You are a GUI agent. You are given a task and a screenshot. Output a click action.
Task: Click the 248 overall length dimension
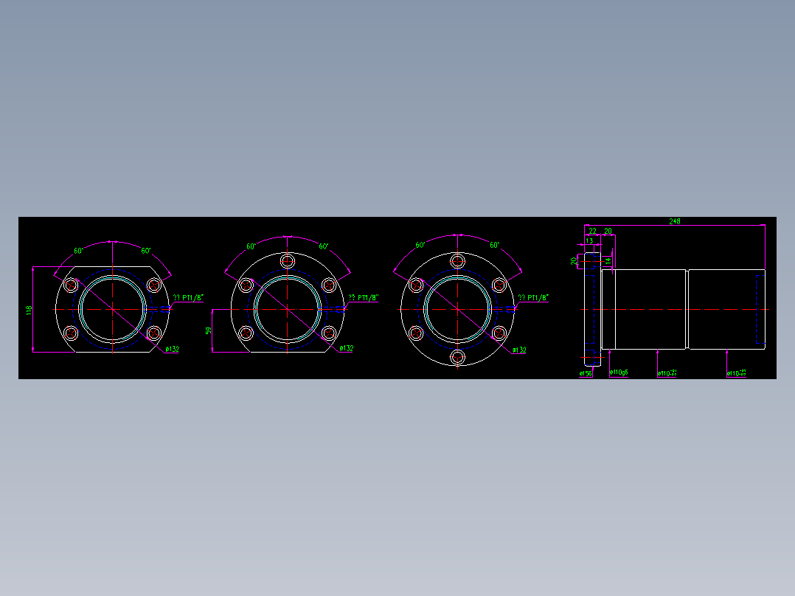click(x=674, y=221)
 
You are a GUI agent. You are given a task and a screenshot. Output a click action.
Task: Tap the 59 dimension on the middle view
click(x=209, y=330)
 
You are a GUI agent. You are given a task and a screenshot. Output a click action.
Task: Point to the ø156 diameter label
click(x=586, y=374)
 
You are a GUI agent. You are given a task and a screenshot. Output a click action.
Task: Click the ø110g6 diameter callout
click(x=619, y=373)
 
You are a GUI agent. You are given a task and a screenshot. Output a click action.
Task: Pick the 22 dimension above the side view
click(x=592, y=232)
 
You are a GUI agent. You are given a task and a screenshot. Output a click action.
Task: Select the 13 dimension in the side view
click(x=589, y=241)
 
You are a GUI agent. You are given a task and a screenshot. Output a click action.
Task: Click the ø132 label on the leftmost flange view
click(x=171, y=349)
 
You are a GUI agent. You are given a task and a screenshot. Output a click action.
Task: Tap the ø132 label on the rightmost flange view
click(x=518, y=350)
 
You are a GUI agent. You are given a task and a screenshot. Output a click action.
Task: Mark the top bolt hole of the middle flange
click(x=288, y=261)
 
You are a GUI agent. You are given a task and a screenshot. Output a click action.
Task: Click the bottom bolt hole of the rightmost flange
click(x=458, y=357)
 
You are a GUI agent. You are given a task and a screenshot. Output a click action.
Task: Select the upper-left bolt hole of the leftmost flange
click(x=72, y=285)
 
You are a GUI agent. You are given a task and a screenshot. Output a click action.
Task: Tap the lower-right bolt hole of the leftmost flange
click(x=153, y=333)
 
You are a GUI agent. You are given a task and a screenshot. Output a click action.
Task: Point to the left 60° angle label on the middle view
click(x=251, y=246)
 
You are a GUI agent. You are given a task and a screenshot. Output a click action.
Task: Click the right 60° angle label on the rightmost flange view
click(x=494, y=245)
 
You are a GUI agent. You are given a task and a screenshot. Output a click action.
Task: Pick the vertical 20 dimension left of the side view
click(x=574, y=260)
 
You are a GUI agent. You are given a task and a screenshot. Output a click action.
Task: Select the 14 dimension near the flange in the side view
click(x=608, y=260)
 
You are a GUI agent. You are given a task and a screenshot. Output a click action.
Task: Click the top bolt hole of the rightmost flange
click(x=458, y=261)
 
